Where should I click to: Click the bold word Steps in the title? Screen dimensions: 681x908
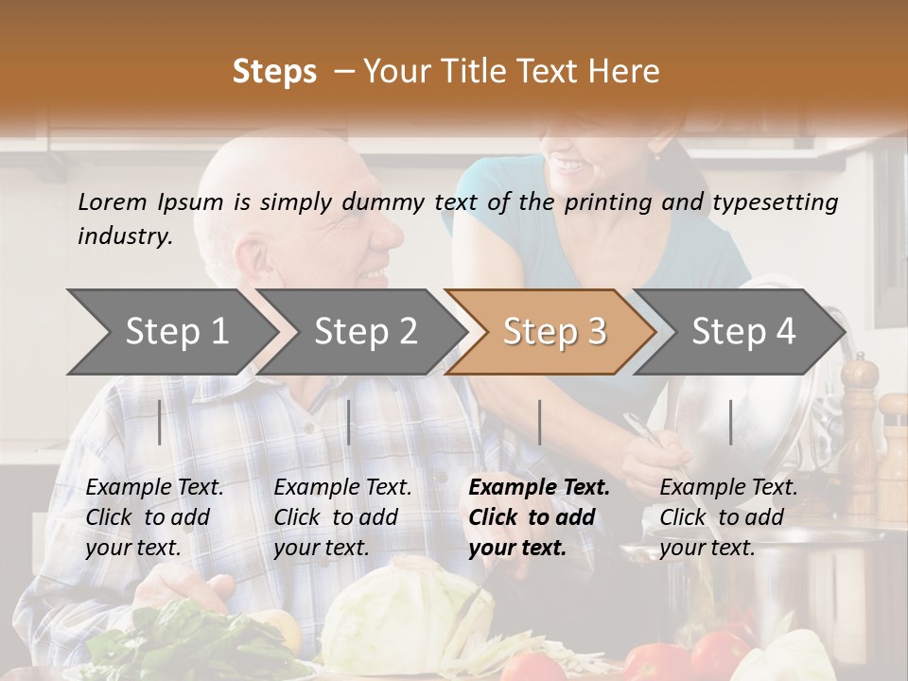pos(274,72)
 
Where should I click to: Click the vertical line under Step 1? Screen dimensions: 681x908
pos(160,422)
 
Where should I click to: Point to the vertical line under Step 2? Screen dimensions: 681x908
pos(349,422)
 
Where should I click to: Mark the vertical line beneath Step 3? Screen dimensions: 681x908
pos(539,422)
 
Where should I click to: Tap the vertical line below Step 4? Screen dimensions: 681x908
pos(731,422)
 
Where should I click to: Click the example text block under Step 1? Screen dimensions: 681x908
pos(155,517)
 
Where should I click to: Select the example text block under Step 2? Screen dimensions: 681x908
pos(342,517)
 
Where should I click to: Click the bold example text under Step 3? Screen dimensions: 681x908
pos(539,517)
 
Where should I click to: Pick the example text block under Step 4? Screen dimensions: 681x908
pos(728,517)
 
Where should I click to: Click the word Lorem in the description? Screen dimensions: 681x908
pos(113,201)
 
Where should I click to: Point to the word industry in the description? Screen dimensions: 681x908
pos(125,236)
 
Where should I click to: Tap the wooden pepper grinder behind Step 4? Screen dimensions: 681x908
pos(859,416)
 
